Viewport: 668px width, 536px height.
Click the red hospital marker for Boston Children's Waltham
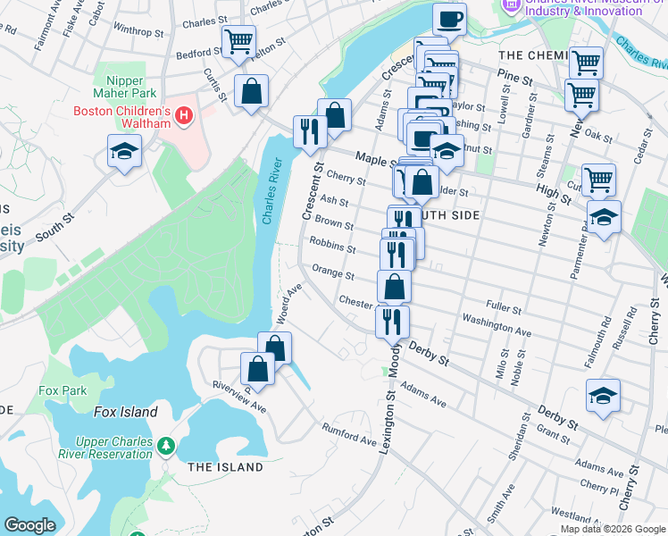point(184,115)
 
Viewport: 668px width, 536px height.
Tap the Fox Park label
point(63,390)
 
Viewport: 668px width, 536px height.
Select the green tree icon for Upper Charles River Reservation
point(165,445)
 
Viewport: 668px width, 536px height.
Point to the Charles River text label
point(272,191)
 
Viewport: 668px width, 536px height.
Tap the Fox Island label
point(126,412)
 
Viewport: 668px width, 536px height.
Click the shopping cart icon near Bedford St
point(239,40)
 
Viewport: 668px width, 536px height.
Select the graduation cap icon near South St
point(125,151)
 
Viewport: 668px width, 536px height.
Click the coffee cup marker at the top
point(449,19)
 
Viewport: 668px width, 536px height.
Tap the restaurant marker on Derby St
point(391,320)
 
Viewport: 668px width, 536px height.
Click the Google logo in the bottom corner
point(29,525)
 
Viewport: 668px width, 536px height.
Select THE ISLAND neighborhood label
point(226,467)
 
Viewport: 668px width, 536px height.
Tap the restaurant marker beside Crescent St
point(311,131)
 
